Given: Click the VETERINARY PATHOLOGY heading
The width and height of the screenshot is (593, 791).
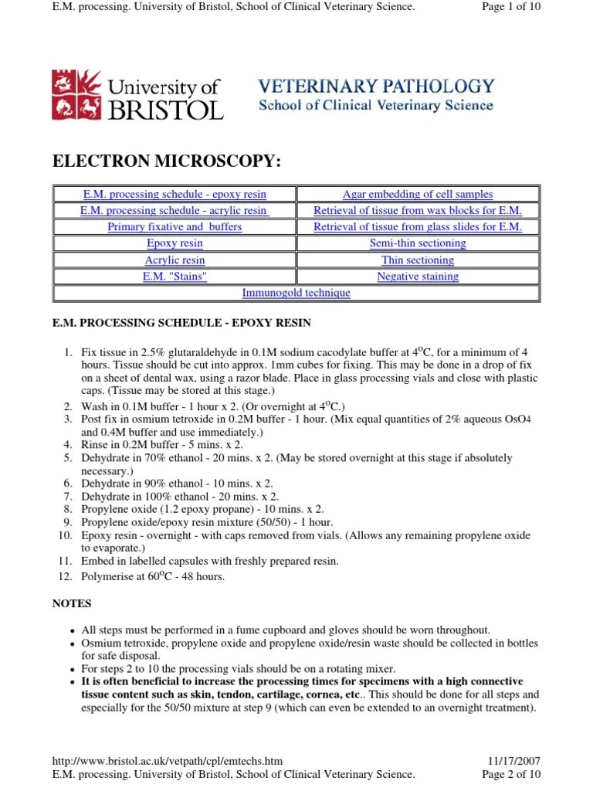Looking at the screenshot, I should [x=376, y=86].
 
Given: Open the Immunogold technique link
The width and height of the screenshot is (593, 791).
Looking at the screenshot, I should [x=296, y=293].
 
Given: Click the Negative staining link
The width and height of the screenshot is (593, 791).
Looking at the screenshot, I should [x=418, y=277].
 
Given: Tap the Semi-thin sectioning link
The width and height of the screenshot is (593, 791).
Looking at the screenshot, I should [x=418, y=243].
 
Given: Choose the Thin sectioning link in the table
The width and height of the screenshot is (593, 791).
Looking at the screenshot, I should [x=418, y=260].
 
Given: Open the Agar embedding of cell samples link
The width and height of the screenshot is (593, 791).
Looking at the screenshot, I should [x=418, y=195].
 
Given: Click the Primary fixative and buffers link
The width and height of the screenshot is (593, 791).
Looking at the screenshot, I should [x=175, y=227].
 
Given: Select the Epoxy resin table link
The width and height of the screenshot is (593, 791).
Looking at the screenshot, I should [x=175, y=243].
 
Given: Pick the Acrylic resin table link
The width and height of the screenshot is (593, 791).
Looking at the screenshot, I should [x=175, y=260].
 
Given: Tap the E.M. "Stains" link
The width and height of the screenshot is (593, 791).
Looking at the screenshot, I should [x=175, y=277].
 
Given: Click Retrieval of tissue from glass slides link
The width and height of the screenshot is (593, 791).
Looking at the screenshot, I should [x=418, y=227].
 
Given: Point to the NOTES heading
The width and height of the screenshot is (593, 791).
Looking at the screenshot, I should [x=72, y=603].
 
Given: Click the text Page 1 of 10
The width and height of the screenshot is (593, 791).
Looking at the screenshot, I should [x=511, y=7].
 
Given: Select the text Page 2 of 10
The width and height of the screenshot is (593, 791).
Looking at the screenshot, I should [x=511, y=774].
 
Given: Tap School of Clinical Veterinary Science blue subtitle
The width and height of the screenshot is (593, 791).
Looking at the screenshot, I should [x=375, y=106].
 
